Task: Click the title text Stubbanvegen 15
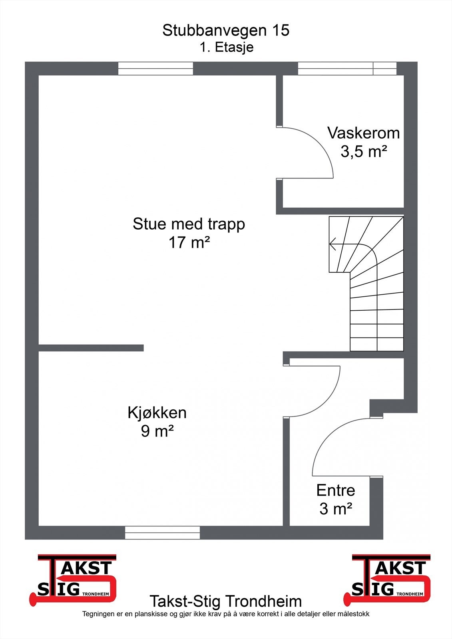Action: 226,30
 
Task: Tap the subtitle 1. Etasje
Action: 227,48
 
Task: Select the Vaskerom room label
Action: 363,133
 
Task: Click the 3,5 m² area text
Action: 363,152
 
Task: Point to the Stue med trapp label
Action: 189,224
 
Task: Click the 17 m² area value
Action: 189,242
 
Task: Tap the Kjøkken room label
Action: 157,413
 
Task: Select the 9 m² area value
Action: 157,431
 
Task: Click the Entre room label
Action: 335,490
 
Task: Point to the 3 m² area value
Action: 335,509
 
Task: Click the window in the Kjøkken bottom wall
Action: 162,532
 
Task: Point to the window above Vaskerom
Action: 347,69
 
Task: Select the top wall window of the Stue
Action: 155,69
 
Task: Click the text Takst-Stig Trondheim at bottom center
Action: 226,601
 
